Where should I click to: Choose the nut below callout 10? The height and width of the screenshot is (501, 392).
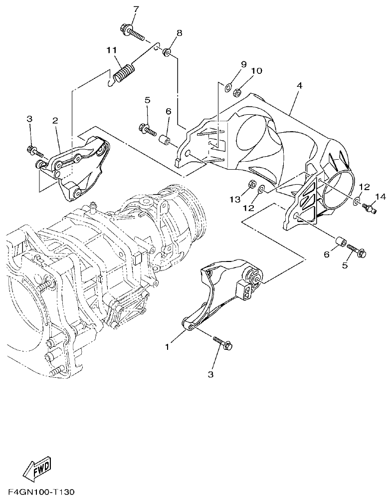238,91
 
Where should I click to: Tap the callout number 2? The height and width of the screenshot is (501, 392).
55,120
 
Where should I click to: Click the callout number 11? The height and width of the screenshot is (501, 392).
111,50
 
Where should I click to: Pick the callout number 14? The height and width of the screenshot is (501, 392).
381,197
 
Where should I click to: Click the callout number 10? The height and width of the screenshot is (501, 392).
256,71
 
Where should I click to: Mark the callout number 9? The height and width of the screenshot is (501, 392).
244,64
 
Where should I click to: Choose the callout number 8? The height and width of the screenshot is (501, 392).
179,33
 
